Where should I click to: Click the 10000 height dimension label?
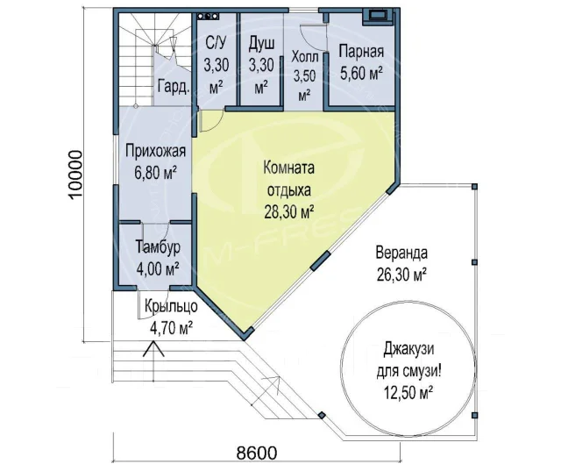(75, 175)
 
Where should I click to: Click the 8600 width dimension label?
(257, 453)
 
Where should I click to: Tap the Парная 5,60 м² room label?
(361, 62)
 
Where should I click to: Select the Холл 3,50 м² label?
(304, 75)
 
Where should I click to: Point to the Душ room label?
(261, 65)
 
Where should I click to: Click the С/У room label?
(215, 65)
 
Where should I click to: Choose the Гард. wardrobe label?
(174, 87)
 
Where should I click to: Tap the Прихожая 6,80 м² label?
(156, 161)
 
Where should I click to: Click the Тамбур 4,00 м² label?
(158, 258)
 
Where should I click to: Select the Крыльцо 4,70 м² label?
(171, 318)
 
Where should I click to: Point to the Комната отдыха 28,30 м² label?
(289, 190)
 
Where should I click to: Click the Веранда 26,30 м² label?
(401, 264)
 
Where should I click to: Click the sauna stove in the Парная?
(378, 17)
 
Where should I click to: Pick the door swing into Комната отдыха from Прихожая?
(212, 121)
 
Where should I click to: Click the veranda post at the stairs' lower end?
(322, 415)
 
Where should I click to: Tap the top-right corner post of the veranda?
(474, 187)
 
